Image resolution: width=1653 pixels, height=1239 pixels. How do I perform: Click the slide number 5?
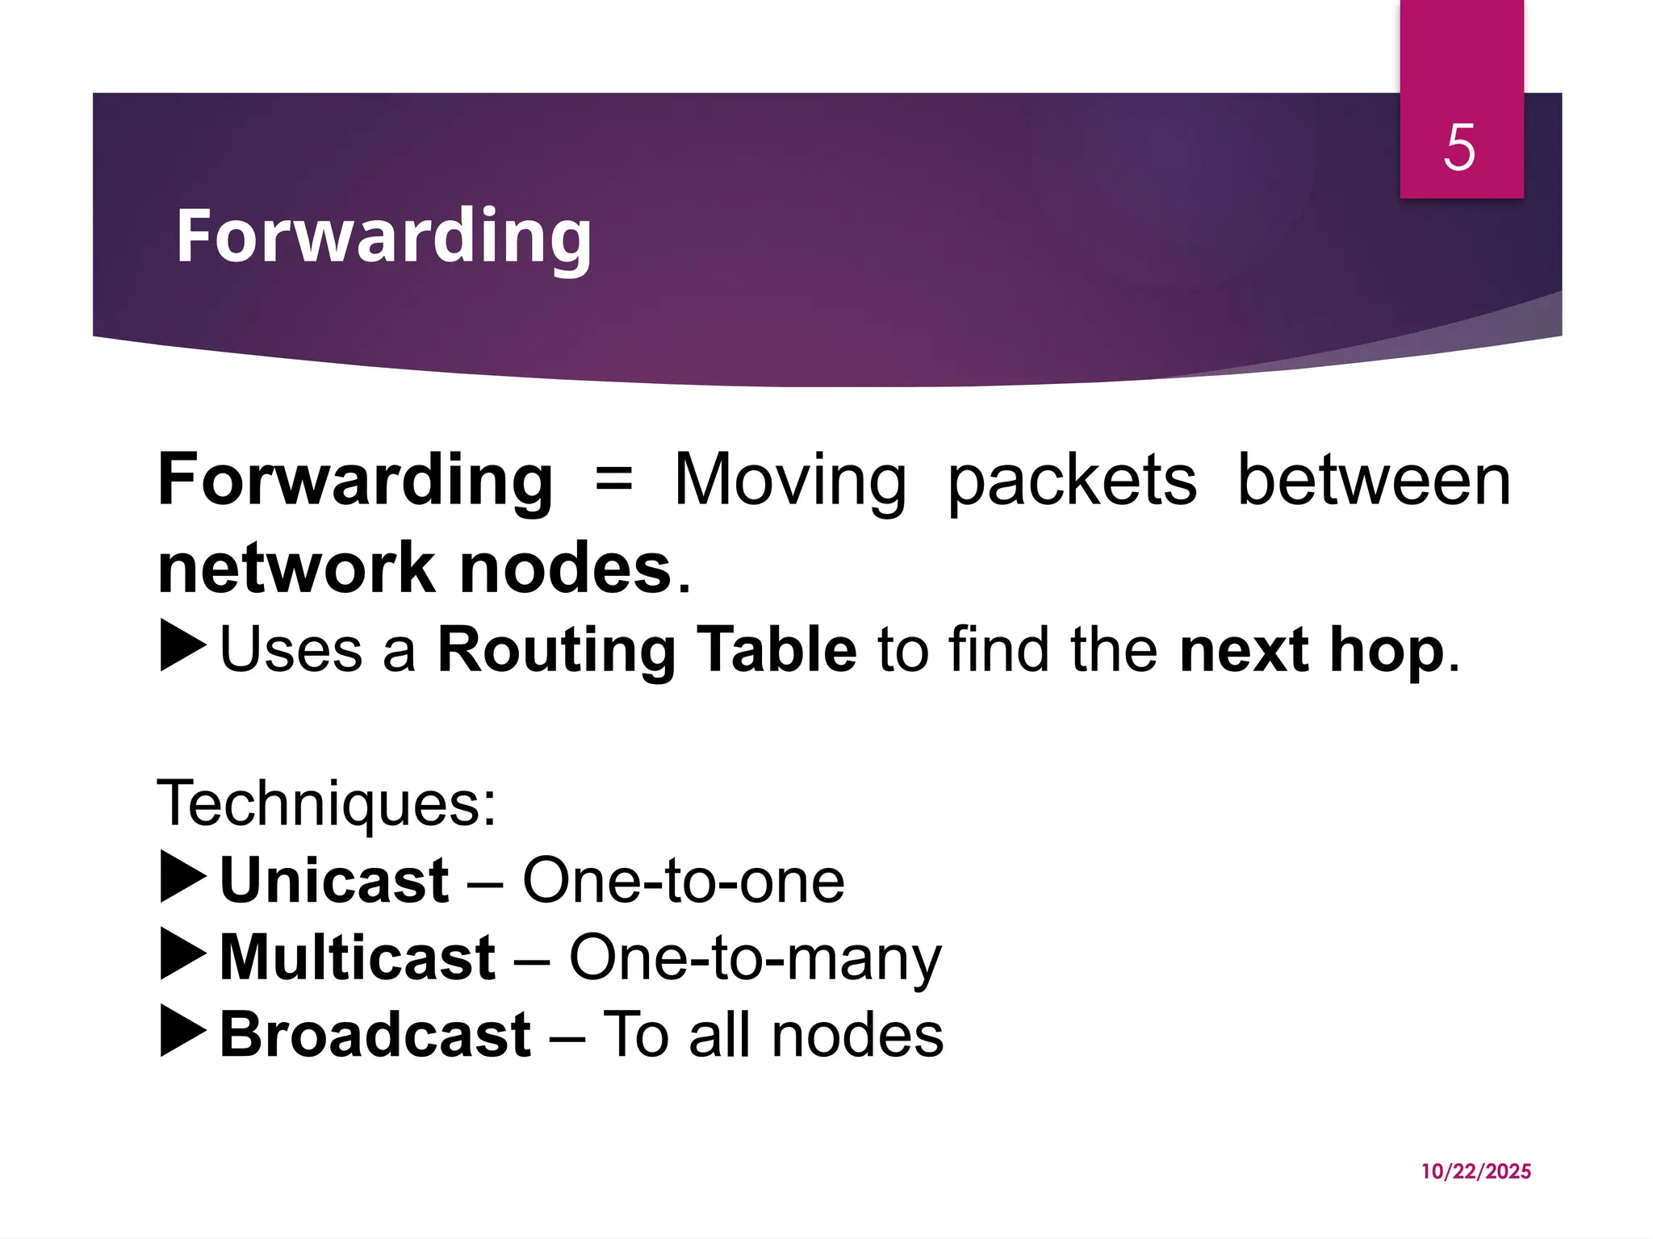click(1459, 148)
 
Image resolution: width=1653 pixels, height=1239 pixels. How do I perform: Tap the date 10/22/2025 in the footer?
click(1475, 1171)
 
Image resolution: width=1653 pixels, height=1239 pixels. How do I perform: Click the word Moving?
click(789, 481)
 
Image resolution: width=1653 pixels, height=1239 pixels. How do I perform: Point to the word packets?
click(1071, 482)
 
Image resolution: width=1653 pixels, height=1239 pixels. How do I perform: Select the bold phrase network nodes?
click(415, 569)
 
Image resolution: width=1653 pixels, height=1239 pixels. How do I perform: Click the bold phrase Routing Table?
click(647, 649)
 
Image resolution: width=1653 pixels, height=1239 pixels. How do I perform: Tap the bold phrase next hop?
click(1311, 649)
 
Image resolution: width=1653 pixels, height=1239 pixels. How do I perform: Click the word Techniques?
click(326, 803)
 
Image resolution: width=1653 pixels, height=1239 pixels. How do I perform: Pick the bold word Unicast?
click(334, 880)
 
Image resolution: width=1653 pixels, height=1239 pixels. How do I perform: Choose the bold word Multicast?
click(358, 957)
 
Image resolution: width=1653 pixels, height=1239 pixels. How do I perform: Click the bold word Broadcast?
click(375, 1035)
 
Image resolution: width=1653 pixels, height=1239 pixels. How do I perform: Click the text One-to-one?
click(683, 880)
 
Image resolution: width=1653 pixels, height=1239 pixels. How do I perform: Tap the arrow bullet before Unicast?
click(183, 878)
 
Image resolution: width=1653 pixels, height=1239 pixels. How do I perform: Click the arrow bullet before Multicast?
click(183, 955)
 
